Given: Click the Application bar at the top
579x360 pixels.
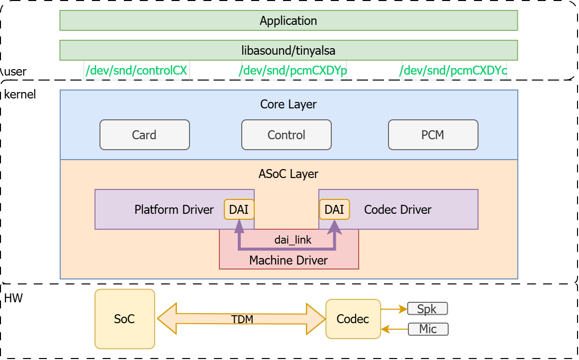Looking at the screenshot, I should [289, 21].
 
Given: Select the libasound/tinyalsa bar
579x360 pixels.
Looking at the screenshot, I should [289, 50].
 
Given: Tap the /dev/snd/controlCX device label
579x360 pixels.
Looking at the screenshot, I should [136, 71].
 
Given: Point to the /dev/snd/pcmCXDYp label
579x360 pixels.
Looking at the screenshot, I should [293, 71].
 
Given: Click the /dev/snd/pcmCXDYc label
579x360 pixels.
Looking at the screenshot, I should [453, 71].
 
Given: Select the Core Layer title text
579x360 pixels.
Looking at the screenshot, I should [289, 104].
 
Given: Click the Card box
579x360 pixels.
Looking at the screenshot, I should [144, 135].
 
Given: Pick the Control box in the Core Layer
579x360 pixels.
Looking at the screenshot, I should [286, 135].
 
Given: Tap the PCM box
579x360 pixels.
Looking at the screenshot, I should [433, 135].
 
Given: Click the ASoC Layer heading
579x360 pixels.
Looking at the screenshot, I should [289, 174].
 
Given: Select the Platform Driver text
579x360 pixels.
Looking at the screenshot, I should [174, 209].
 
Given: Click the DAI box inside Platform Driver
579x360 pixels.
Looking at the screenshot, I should [239, 209].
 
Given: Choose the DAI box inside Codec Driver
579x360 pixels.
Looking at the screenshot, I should [334, 209].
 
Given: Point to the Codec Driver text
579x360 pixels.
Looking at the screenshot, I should [397, 209].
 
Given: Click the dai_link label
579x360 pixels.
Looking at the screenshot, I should [293, 240].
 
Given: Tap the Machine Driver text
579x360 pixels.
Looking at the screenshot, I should [289, 260].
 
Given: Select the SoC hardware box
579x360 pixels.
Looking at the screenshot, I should [125, 319].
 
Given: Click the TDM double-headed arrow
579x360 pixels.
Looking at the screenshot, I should [242, 319].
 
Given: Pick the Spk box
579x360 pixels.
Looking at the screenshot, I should [427, 309].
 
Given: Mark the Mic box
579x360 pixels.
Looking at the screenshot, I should [428, 329].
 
